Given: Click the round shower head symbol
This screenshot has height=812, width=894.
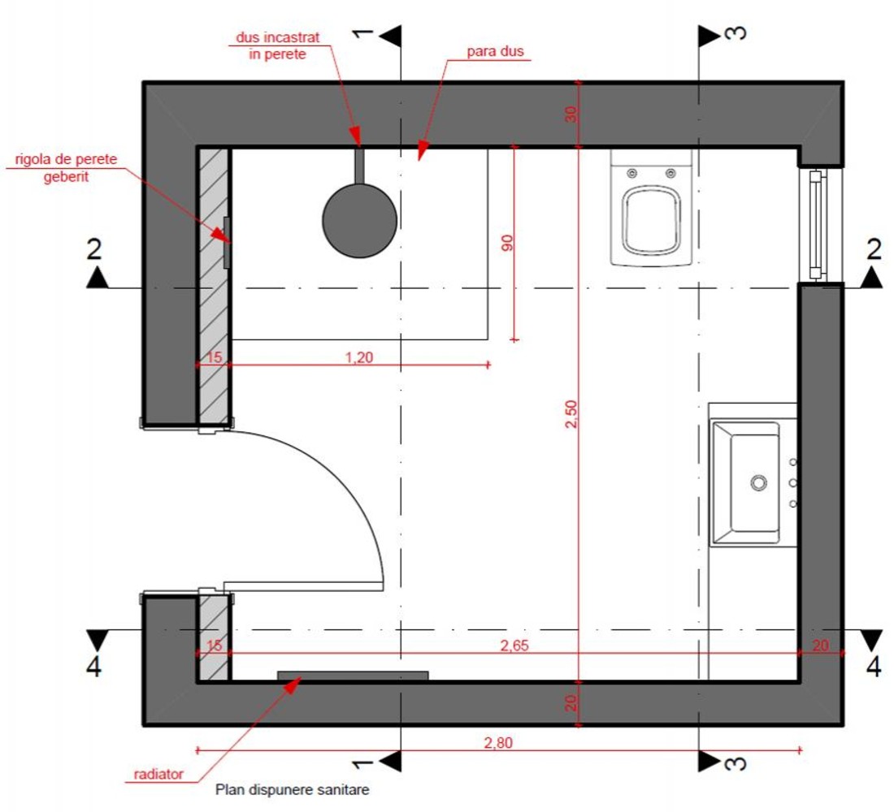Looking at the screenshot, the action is pos(359,221).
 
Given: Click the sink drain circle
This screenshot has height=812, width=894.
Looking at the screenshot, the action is pos(758,482).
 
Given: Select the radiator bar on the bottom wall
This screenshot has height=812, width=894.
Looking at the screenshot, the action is pos(353,676).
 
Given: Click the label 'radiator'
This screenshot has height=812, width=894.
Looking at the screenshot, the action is pos(158,774).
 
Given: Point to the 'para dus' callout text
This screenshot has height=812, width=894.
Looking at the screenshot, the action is pos(495,51).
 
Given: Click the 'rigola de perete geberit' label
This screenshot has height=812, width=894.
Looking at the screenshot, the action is pos(66,167).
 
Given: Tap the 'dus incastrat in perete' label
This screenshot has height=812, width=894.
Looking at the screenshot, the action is pos(278,45).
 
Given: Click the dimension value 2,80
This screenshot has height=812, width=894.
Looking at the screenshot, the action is pos(497,742).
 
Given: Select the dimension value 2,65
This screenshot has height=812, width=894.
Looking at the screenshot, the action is pos(514,645).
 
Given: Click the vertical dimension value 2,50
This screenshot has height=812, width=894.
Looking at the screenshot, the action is pos(571,414).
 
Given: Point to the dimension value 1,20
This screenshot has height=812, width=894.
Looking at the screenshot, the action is pos(359,357).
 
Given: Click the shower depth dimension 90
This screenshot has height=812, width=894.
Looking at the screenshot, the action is pos(507,243).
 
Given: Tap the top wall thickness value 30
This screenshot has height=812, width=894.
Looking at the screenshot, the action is pos(571,114).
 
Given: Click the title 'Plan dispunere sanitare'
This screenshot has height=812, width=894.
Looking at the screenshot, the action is pos(292,790).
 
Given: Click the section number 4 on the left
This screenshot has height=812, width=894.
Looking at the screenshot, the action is pos(94,666).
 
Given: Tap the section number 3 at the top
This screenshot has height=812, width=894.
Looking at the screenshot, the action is pos(736,32).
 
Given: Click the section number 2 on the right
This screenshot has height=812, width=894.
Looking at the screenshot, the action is pos(874,249).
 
